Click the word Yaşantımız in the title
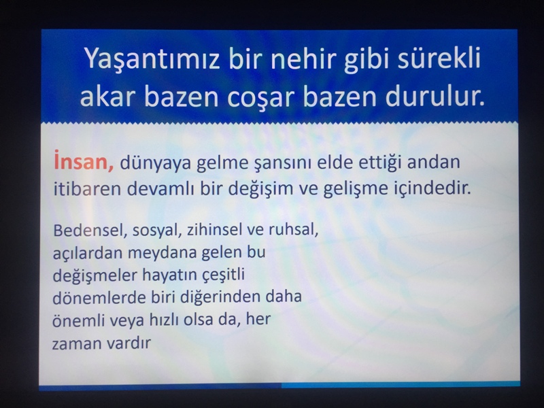(152, 59)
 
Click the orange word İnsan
(84, 161)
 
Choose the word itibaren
(87, 188)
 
